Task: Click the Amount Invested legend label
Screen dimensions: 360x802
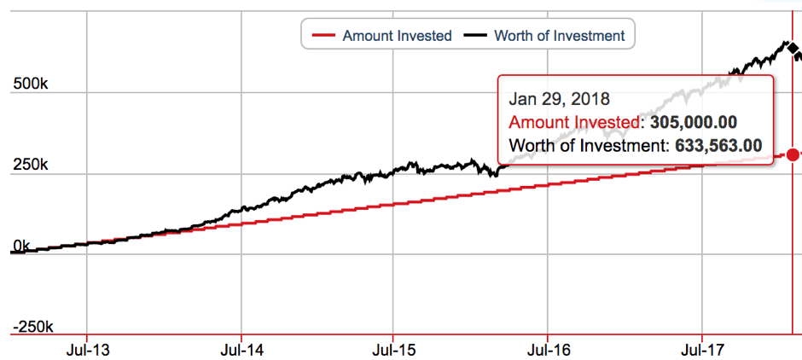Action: (397, 36)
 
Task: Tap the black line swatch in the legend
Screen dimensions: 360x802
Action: (475, 36)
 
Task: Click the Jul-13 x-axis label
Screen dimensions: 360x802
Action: (88, 349)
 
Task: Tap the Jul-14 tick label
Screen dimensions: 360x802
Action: (241, 349)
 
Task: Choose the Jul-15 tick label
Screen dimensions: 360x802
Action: (393, 349)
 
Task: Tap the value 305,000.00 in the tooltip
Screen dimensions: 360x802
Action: (694, 122)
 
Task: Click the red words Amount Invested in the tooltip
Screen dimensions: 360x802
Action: (574, 122)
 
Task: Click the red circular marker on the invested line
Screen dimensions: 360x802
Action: (793, 154)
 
